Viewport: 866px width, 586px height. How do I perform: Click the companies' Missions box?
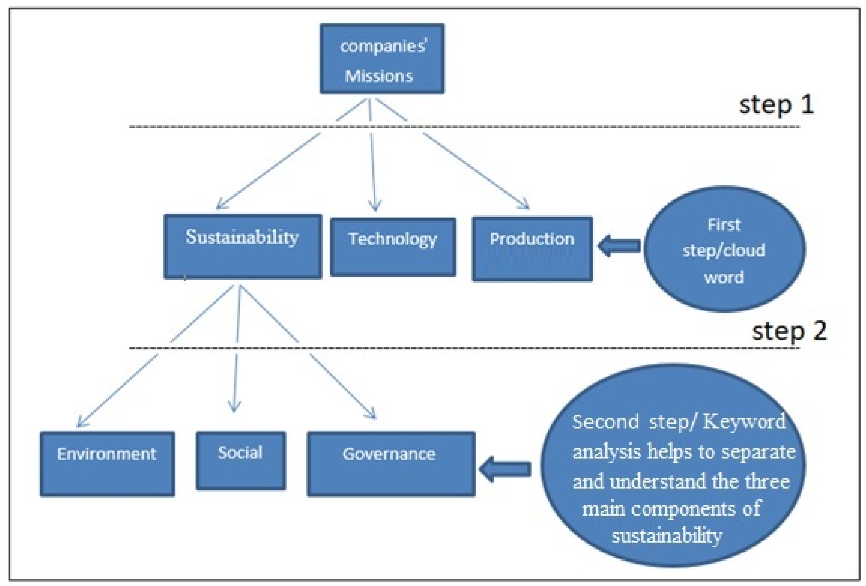382,59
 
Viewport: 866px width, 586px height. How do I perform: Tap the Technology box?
393,247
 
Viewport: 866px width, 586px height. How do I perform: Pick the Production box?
532,249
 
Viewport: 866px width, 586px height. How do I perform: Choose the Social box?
241,461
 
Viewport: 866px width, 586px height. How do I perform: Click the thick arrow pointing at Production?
619,246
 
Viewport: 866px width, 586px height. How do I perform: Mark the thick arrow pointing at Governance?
505,469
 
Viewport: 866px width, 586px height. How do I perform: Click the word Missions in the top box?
379,76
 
